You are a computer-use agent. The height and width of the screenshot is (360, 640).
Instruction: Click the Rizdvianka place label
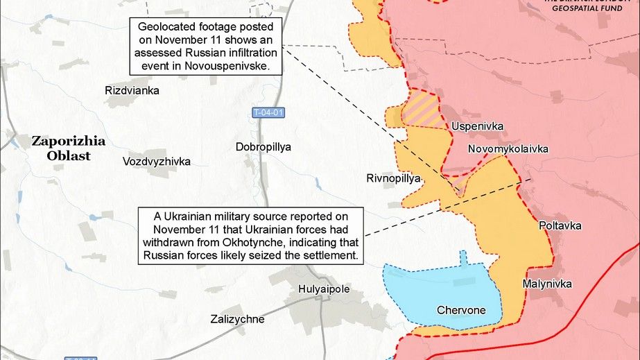132,91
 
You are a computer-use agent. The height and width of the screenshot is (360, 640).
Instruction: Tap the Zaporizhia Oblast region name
69,148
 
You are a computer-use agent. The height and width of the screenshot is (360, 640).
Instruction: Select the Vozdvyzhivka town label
156,162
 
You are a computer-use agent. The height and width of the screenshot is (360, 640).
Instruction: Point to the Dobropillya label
263,147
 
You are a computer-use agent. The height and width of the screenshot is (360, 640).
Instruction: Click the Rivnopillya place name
394,178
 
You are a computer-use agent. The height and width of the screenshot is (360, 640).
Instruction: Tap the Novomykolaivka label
508,149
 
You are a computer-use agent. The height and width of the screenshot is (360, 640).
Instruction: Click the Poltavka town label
560,226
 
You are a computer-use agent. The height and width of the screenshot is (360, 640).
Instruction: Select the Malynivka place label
547,283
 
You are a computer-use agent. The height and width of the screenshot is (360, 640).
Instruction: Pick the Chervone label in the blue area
460,310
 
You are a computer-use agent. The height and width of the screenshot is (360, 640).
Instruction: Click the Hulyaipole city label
324,289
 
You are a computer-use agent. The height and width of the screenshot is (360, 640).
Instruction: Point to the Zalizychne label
237,319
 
